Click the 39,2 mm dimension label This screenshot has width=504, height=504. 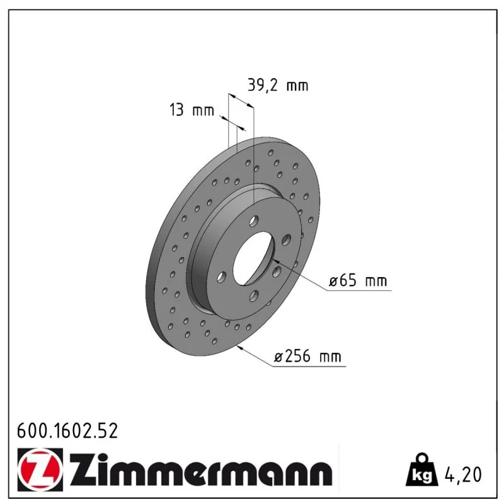(x=278, y=85)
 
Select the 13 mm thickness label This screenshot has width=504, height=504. (x=192, y=110)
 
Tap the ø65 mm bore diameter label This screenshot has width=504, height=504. (x=358, y=280)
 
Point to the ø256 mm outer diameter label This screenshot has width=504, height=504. (x=307, y=356)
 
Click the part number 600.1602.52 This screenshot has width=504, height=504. (x=67, y=431)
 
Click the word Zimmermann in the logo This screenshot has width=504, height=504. (x=201, y=469)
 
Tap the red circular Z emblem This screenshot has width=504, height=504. (x=40, y=469)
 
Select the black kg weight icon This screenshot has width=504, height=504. (x=422, y=470)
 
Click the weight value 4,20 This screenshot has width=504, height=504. (x=463, y=474)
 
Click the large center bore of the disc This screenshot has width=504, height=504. (x=254, y=258)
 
